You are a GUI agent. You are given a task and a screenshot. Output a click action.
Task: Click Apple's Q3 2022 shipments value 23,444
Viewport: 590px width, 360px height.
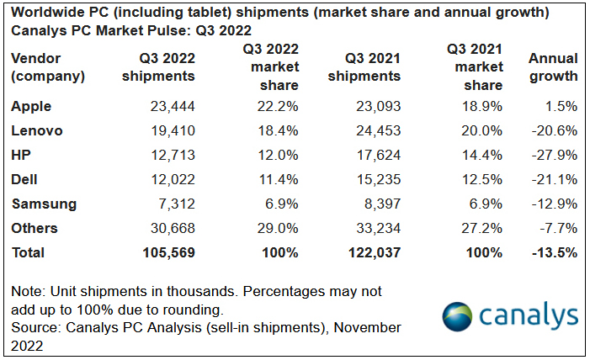click(172, 107)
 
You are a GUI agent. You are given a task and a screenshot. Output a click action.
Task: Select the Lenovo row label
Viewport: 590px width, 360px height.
click(37, 131)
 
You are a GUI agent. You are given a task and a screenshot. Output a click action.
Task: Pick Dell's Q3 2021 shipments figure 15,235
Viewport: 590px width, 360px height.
click(377, 180)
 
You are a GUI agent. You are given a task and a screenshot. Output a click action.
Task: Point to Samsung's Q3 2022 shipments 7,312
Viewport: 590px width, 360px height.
click(175, 204)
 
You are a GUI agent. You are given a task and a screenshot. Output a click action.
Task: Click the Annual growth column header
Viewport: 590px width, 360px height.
click(553, 67)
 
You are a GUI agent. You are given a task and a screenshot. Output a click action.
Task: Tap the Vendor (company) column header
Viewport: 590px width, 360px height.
click(48, 67)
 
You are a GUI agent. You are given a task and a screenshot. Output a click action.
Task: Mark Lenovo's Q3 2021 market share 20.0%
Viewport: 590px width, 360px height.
click(483, 131)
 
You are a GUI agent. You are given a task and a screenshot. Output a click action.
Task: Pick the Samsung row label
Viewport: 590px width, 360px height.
click(44, 204)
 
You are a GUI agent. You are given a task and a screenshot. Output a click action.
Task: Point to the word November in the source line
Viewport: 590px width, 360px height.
click(367, 326)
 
